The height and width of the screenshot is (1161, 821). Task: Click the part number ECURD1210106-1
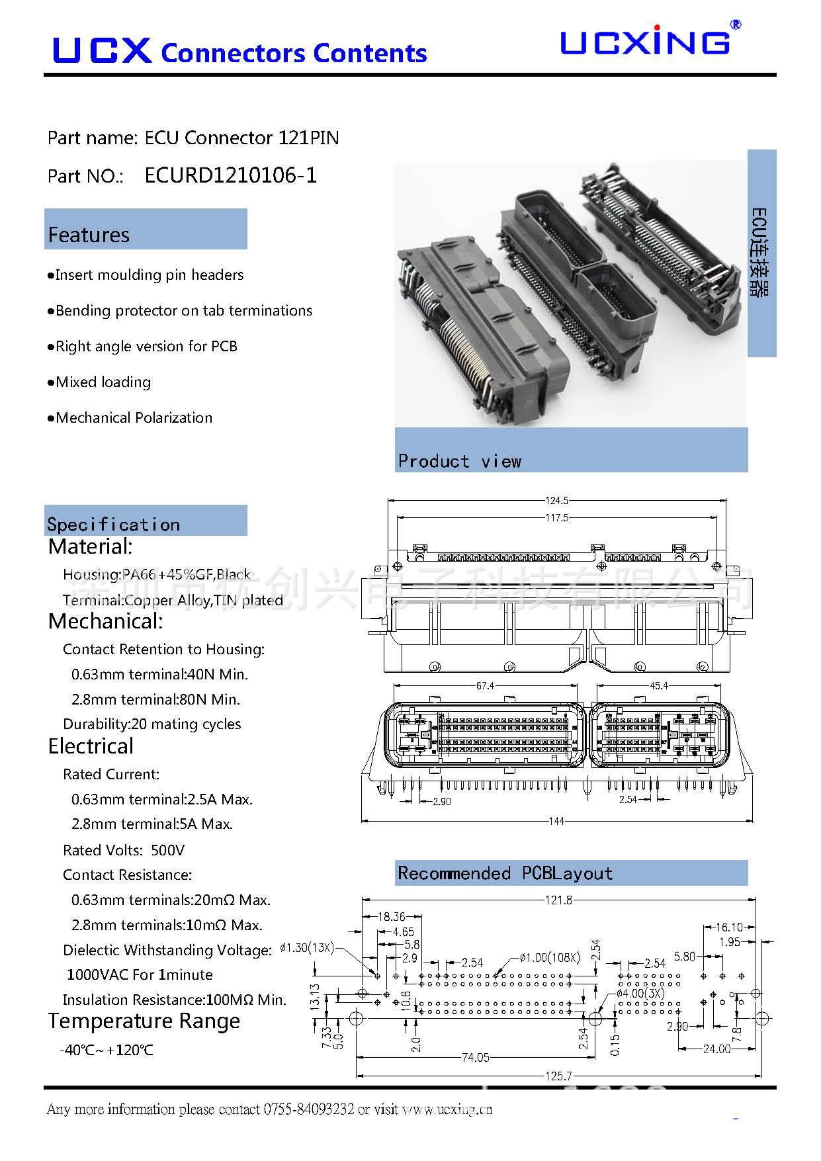click(230, 175)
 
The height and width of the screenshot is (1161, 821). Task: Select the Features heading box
click(146, 230)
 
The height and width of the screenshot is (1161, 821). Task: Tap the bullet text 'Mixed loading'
click(103, 382)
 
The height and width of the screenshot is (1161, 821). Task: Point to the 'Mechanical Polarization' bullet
click(134, 418)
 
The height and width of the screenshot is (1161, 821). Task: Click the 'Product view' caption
click(460, 461)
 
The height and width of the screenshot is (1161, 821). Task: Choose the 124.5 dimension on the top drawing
click(556, 501)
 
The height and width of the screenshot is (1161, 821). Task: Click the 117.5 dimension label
click(556, 518)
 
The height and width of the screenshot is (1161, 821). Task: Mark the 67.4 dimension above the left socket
click(485, 686)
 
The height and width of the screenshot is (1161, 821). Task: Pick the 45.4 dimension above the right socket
click(659, 686)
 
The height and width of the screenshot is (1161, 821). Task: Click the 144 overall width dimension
click(556, 821)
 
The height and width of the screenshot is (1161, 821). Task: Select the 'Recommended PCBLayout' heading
click(505, 873)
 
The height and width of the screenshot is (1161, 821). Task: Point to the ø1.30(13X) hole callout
click(307, 948)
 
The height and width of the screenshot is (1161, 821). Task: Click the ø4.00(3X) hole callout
click(640, 993)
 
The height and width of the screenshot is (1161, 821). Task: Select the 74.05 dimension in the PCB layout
click(475, 1058)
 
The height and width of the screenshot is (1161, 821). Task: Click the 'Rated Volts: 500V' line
click(124, 850)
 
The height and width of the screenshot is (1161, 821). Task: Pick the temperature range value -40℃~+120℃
click(107, 1051)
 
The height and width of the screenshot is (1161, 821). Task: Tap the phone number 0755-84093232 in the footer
click(309, 1109)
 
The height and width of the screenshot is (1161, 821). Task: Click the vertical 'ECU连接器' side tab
click(761, 253)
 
